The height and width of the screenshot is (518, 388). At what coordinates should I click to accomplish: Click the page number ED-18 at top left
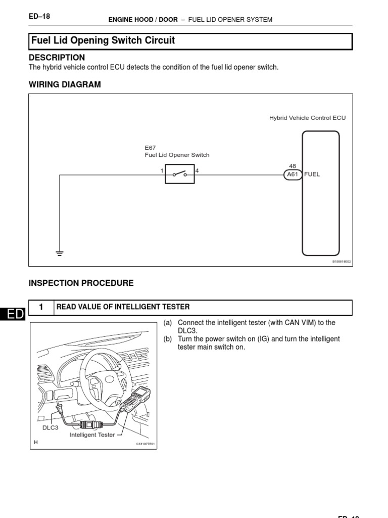(39, 17)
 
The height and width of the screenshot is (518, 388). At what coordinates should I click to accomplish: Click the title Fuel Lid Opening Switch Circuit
(103, 40)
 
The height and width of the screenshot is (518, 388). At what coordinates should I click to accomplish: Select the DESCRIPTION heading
(57, 58)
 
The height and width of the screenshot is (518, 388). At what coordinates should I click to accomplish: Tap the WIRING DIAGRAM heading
(65, 85)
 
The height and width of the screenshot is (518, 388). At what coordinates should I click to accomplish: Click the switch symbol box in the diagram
(179, 175)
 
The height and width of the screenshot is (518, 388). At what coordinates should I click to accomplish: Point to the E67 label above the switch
(151, 148)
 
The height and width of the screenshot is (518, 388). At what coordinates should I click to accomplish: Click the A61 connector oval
(293, 175)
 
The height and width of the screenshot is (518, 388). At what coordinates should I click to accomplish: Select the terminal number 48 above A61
(293, 166)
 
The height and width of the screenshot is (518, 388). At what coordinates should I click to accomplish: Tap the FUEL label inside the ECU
(312, 175)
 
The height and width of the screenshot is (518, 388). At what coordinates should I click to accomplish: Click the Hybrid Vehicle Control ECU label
(307, 118)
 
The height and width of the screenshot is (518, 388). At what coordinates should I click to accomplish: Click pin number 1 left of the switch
(162, 171)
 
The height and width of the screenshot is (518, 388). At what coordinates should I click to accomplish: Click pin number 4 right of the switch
(197, 171)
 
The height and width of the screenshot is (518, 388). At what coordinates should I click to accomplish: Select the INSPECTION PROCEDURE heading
(81, 283)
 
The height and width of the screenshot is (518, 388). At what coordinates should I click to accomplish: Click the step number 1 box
(41, 308)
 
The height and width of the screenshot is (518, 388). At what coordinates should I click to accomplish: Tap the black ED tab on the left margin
(12, 315)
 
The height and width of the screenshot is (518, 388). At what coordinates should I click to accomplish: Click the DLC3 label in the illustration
(50, 427)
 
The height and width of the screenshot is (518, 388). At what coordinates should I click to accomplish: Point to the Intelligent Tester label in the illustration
(92, 435)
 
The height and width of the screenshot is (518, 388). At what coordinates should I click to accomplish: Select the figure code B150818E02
(341, 262)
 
